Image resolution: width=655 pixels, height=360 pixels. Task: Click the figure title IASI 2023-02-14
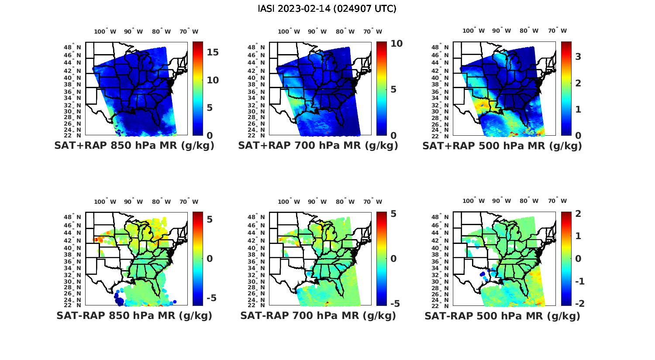[327, 9]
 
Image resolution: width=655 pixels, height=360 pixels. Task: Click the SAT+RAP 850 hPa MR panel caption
[134, 146]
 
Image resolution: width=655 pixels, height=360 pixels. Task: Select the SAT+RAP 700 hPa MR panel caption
[318, 146]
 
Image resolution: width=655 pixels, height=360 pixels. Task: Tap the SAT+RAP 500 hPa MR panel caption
[502, 146]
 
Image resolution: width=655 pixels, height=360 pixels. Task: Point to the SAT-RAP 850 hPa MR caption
[134, 315]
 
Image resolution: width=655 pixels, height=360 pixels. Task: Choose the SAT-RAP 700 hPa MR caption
[318, 315]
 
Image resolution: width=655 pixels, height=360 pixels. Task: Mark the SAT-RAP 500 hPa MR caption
[502, 315]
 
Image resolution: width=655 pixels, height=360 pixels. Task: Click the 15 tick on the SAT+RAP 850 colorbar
[213, 52]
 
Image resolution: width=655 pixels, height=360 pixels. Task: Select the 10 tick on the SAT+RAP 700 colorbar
[396, 43]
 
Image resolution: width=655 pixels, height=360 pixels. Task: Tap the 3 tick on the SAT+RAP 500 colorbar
[578, 56]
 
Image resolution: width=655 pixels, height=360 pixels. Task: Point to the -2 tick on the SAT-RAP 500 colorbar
[579, 303]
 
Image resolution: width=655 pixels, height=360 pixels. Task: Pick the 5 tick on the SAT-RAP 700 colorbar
[393, 214]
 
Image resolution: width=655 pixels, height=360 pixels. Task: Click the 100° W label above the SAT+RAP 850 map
[105, 31]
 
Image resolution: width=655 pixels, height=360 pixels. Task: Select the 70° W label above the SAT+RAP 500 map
[558, 31]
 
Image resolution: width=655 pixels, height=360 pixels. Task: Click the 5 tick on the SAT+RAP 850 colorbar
[210, 107]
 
